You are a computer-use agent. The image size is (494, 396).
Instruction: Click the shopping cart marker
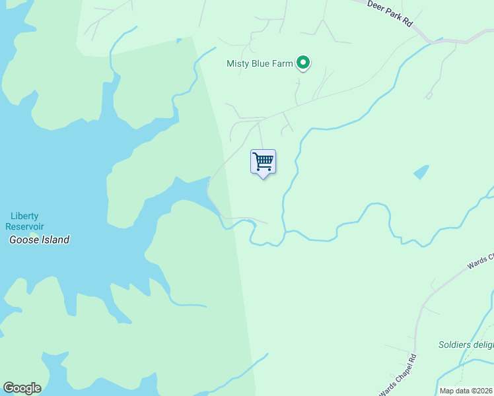[x=263, y=162]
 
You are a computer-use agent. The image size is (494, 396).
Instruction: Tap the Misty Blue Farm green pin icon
[x=303, y=63]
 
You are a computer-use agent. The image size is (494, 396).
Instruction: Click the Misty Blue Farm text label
[x=260, y=64]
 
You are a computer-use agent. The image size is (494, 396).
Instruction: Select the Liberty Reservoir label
[x=25, y=221]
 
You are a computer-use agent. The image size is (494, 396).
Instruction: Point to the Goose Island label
[x=39, y=240]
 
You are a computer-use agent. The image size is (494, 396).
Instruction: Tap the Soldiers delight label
[x=466, y=345]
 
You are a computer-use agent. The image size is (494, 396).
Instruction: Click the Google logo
[x=22, y=388]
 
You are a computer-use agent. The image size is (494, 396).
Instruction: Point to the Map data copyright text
[x=466, y=391]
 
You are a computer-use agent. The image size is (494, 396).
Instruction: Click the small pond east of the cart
[x=421, y=172]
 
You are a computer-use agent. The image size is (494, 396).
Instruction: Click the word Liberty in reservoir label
[x=25, y=216]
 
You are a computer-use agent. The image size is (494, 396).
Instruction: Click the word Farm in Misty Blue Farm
[x=282, y=64]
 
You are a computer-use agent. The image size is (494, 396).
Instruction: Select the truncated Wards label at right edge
[x=480, y=259]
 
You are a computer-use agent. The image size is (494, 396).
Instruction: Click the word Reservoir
[x=25, y=226]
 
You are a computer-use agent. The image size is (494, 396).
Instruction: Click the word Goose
[x=22, y=240]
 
